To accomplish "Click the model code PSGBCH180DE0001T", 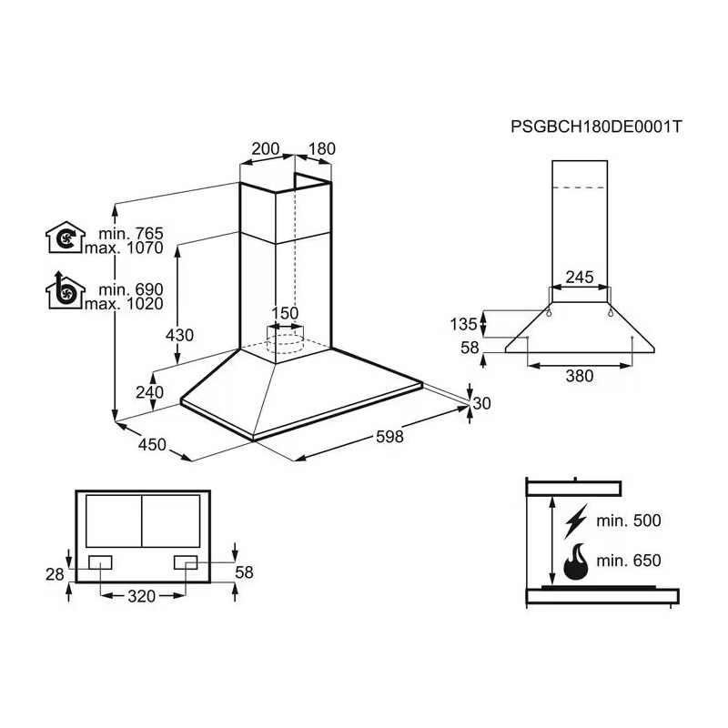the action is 596,126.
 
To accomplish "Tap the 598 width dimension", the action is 389,437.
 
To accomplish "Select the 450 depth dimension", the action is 152,445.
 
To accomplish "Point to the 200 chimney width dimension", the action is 266,149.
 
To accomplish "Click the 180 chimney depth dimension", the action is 322,149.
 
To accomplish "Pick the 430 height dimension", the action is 179,335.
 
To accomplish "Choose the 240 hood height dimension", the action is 149,392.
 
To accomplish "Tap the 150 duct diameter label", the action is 285,313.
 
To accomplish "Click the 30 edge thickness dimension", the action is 481,403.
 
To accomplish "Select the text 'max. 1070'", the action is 124,248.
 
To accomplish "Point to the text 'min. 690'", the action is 131,289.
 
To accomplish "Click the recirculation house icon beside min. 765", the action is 66,238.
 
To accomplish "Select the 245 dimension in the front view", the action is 580,278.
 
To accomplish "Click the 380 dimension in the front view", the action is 580,376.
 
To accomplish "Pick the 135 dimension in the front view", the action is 463,324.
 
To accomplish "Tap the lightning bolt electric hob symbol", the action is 576,521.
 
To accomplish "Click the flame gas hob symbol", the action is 576,561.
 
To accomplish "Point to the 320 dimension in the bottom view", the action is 142,596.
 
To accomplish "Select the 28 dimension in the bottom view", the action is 55,575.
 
